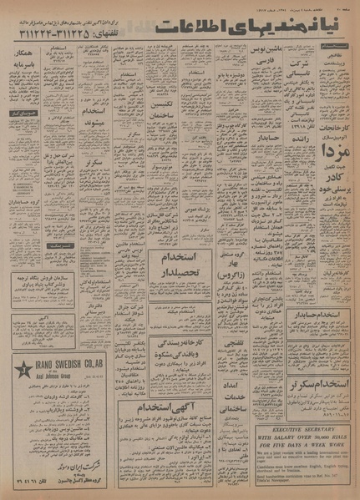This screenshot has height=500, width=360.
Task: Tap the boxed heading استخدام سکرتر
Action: [322, 364]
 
